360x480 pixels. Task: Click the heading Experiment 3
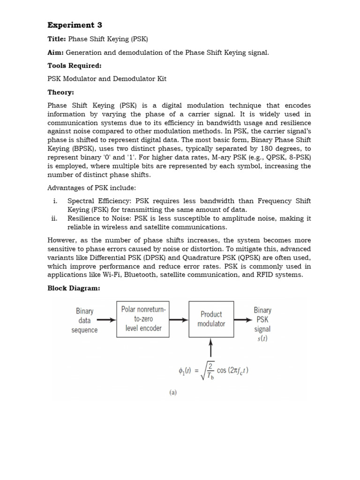[75, 25]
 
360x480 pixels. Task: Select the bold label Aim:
[56, 52]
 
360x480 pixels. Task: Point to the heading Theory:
[61, 92]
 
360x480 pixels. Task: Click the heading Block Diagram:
[74, 288]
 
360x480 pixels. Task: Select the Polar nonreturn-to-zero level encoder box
[143, 319]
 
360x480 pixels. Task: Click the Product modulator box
[211, 319]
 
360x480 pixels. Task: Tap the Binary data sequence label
[84, 320]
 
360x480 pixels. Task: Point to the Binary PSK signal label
[262, 324]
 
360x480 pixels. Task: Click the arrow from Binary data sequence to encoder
[106, 320]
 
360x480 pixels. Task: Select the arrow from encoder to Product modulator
[179, 320]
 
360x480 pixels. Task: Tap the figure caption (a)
[173, 393]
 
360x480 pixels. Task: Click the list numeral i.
[55, 201]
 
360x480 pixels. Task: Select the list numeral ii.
[54, 218]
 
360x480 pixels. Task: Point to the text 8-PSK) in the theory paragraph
[299, 157]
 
